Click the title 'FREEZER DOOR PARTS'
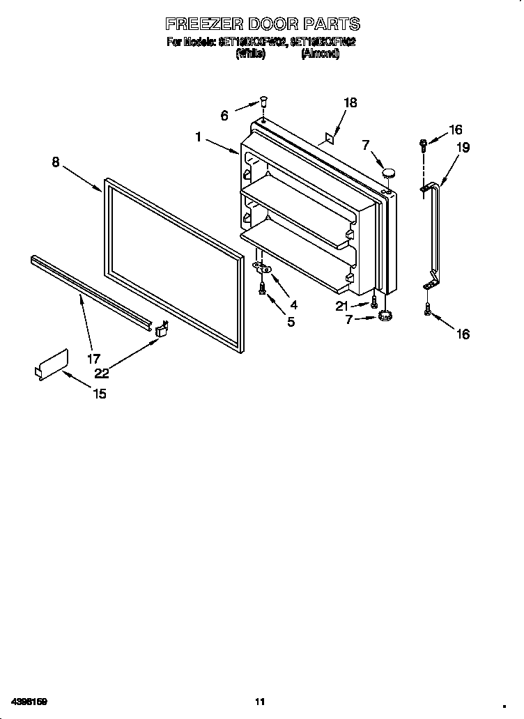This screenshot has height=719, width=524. click(x=262, y=25)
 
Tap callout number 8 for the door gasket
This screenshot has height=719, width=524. click(x=56, y=162)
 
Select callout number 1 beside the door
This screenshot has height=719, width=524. click(x=199, y=137)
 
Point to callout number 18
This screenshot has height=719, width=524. click(x=350, y=102)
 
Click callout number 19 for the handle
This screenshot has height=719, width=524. click(x=463, y=147)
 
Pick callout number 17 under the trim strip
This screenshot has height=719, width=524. click(x=93, y=359)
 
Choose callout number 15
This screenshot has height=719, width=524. click(x=100, y=394)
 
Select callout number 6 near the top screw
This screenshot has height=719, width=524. click(x=224, y=116)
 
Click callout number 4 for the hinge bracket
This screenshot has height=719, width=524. click(x=293, y=304)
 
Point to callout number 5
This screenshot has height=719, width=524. click(x=291, y=321)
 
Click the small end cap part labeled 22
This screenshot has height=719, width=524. click(x=161, y=330)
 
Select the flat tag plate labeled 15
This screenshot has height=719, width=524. click(x=52, y=364)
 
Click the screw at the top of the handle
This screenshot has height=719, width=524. click(x=424, y=145)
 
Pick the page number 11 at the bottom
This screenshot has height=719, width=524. click(x=260, y=701)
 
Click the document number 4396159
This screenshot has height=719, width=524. click(x=29, y=701)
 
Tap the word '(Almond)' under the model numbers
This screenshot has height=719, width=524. click(x=320, y=54)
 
